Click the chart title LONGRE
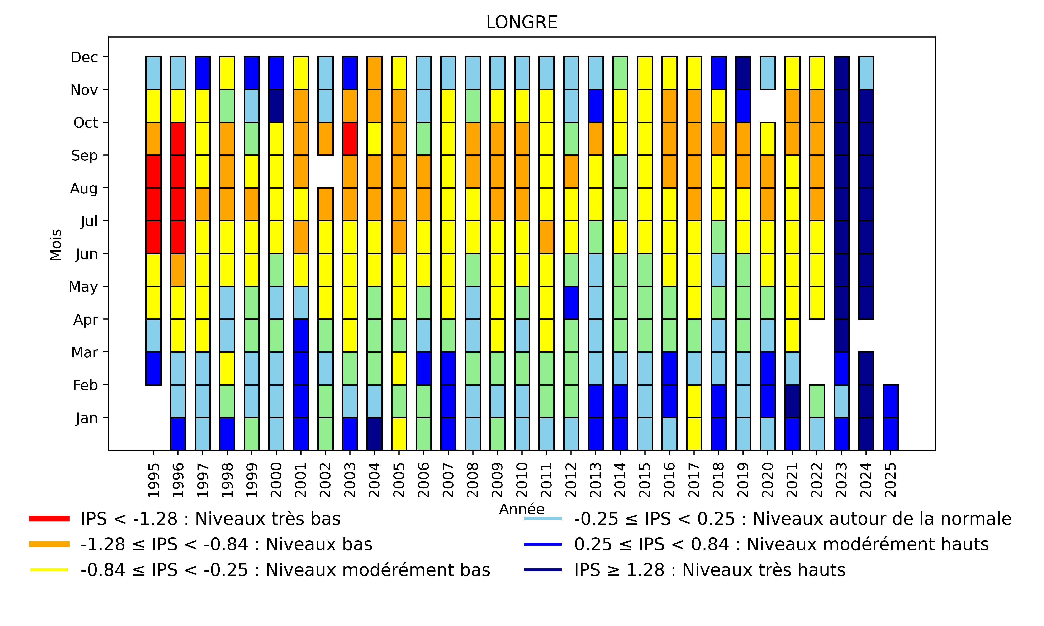pos(522,22)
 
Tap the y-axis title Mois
pos(56,245)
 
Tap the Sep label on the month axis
pos(84,155)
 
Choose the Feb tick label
pos(85,385)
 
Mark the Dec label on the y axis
pos(84,57)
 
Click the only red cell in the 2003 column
pos(350,139)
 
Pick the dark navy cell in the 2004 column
pos(374,434)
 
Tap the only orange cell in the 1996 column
pos(178,270)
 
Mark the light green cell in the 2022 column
pos(817,401)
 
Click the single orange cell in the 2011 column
pos(546,237)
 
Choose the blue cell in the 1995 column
pos(153,368)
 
